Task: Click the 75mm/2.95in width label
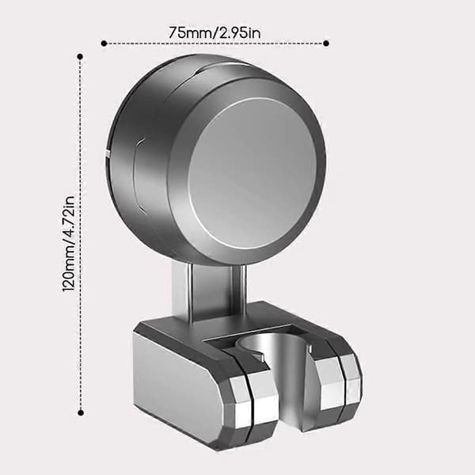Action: pyautogui.click(x=215, y=32)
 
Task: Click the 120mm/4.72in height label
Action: pyautogui.click(x=68, y=244)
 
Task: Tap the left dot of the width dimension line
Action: pyautogui.click(x=104, y=44)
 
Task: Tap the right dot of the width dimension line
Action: pyautogui.click(x=326, y=44)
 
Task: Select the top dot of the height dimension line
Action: pyautogui.click(x=80, y=57)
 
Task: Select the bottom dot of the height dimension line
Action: pyautogui.click(x=81, y=412)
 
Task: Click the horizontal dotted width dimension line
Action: pyautogui.click(x=215, y=44)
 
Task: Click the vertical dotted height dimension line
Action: pyautogui.click(x=80, y=234)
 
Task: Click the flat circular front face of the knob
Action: pyautogui.click(x=253, y=173)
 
